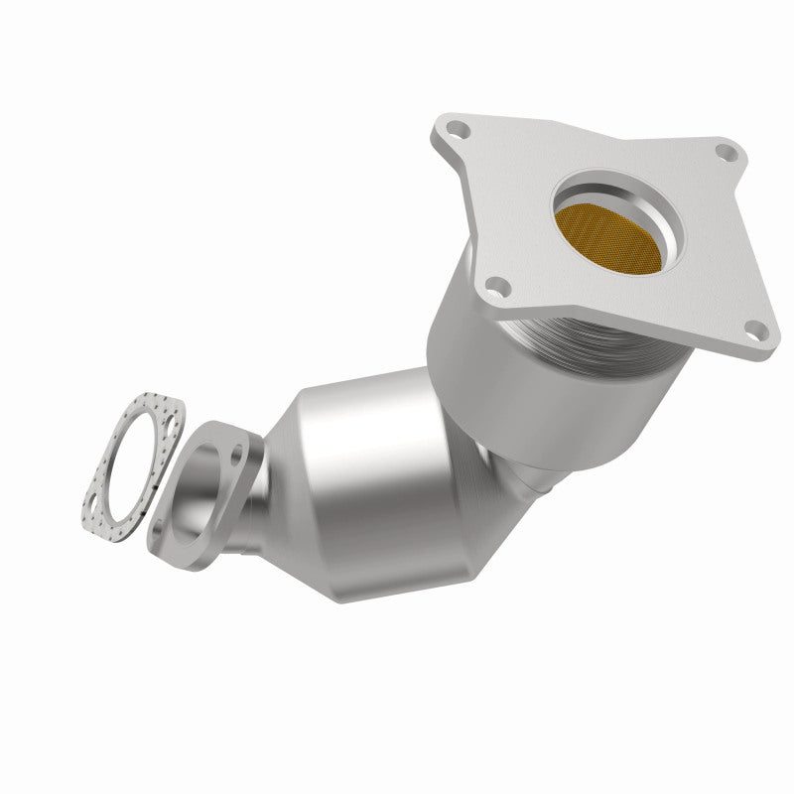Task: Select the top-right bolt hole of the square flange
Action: (727, 152)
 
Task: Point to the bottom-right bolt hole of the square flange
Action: (756, 332)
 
